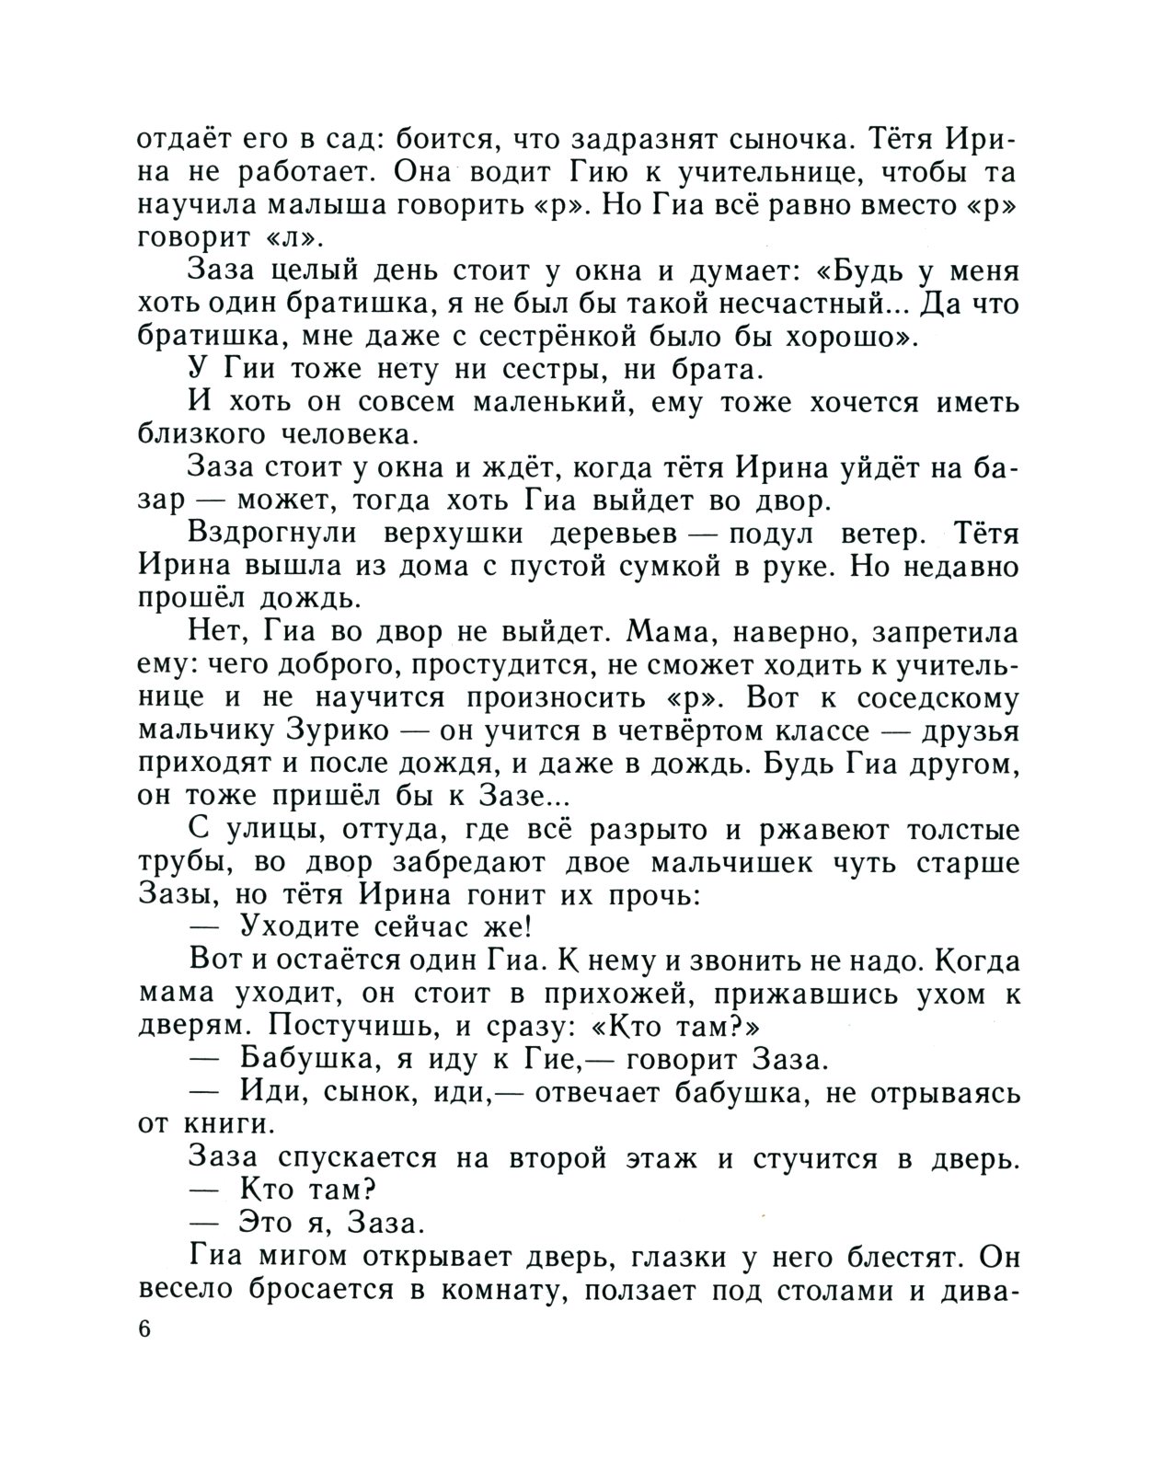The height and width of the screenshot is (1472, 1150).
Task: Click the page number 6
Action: pyautogui.click(x=144, y=1330)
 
